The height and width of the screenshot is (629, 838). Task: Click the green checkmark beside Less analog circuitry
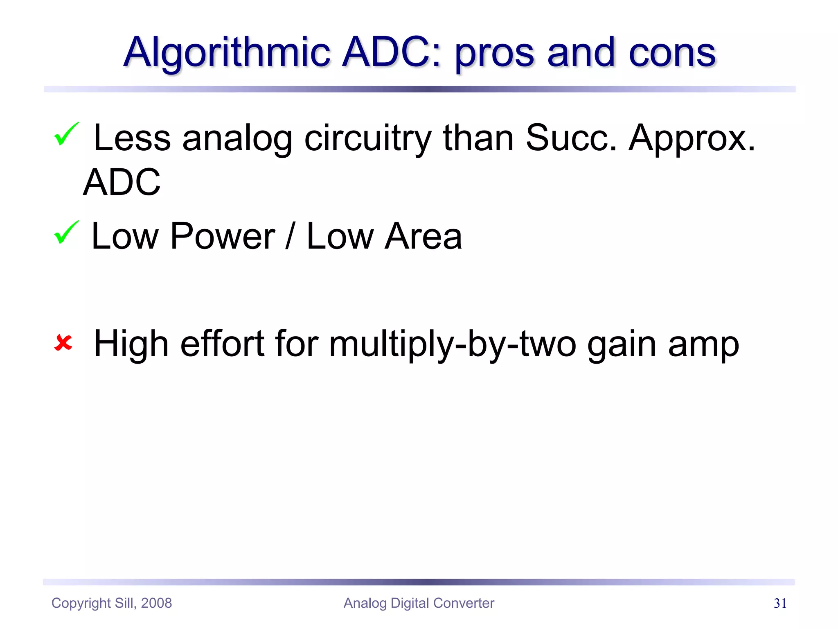tap(66, 134)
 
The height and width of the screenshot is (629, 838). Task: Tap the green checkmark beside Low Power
tap(66, 232)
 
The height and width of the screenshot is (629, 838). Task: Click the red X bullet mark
tap(63, 343)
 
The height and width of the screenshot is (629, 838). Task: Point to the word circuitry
tap(367, 139)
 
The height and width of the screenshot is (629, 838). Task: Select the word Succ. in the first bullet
tap(570, 138)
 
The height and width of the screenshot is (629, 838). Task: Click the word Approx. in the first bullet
tap(692, 139)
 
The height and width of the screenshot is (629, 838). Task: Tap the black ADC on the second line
tap(122, 182)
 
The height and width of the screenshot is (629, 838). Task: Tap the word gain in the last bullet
tap(622, 345)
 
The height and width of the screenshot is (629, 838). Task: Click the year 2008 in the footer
tap(156, 603)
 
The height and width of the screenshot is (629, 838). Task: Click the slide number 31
tap(780, 604)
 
